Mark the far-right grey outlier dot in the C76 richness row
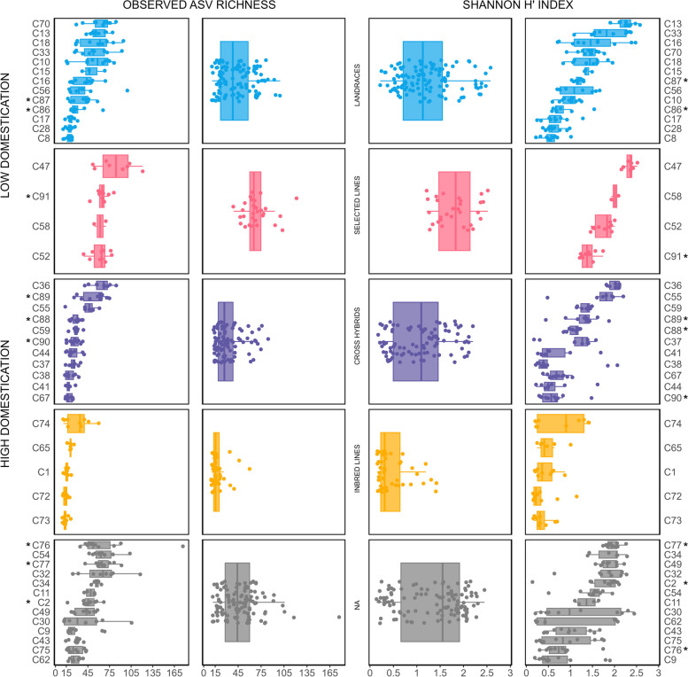[183, 545]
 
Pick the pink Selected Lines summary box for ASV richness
[255, 211]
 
